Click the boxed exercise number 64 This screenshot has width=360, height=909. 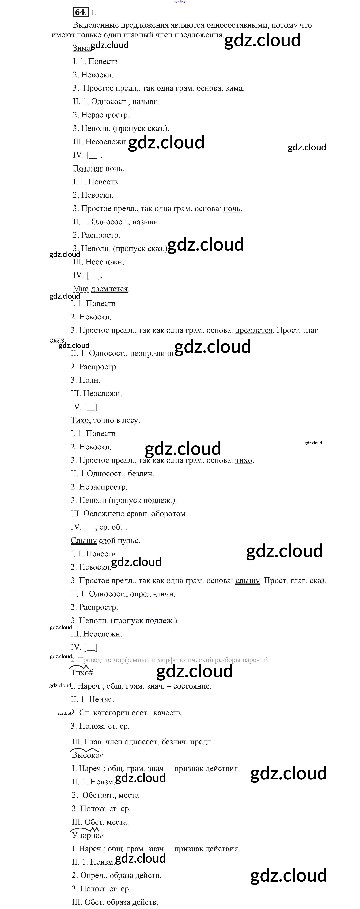point(81,12)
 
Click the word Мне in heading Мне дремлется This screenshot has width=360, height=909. point(81,289)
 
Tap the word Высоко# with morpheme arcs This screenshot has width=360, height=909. point(87,755)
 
